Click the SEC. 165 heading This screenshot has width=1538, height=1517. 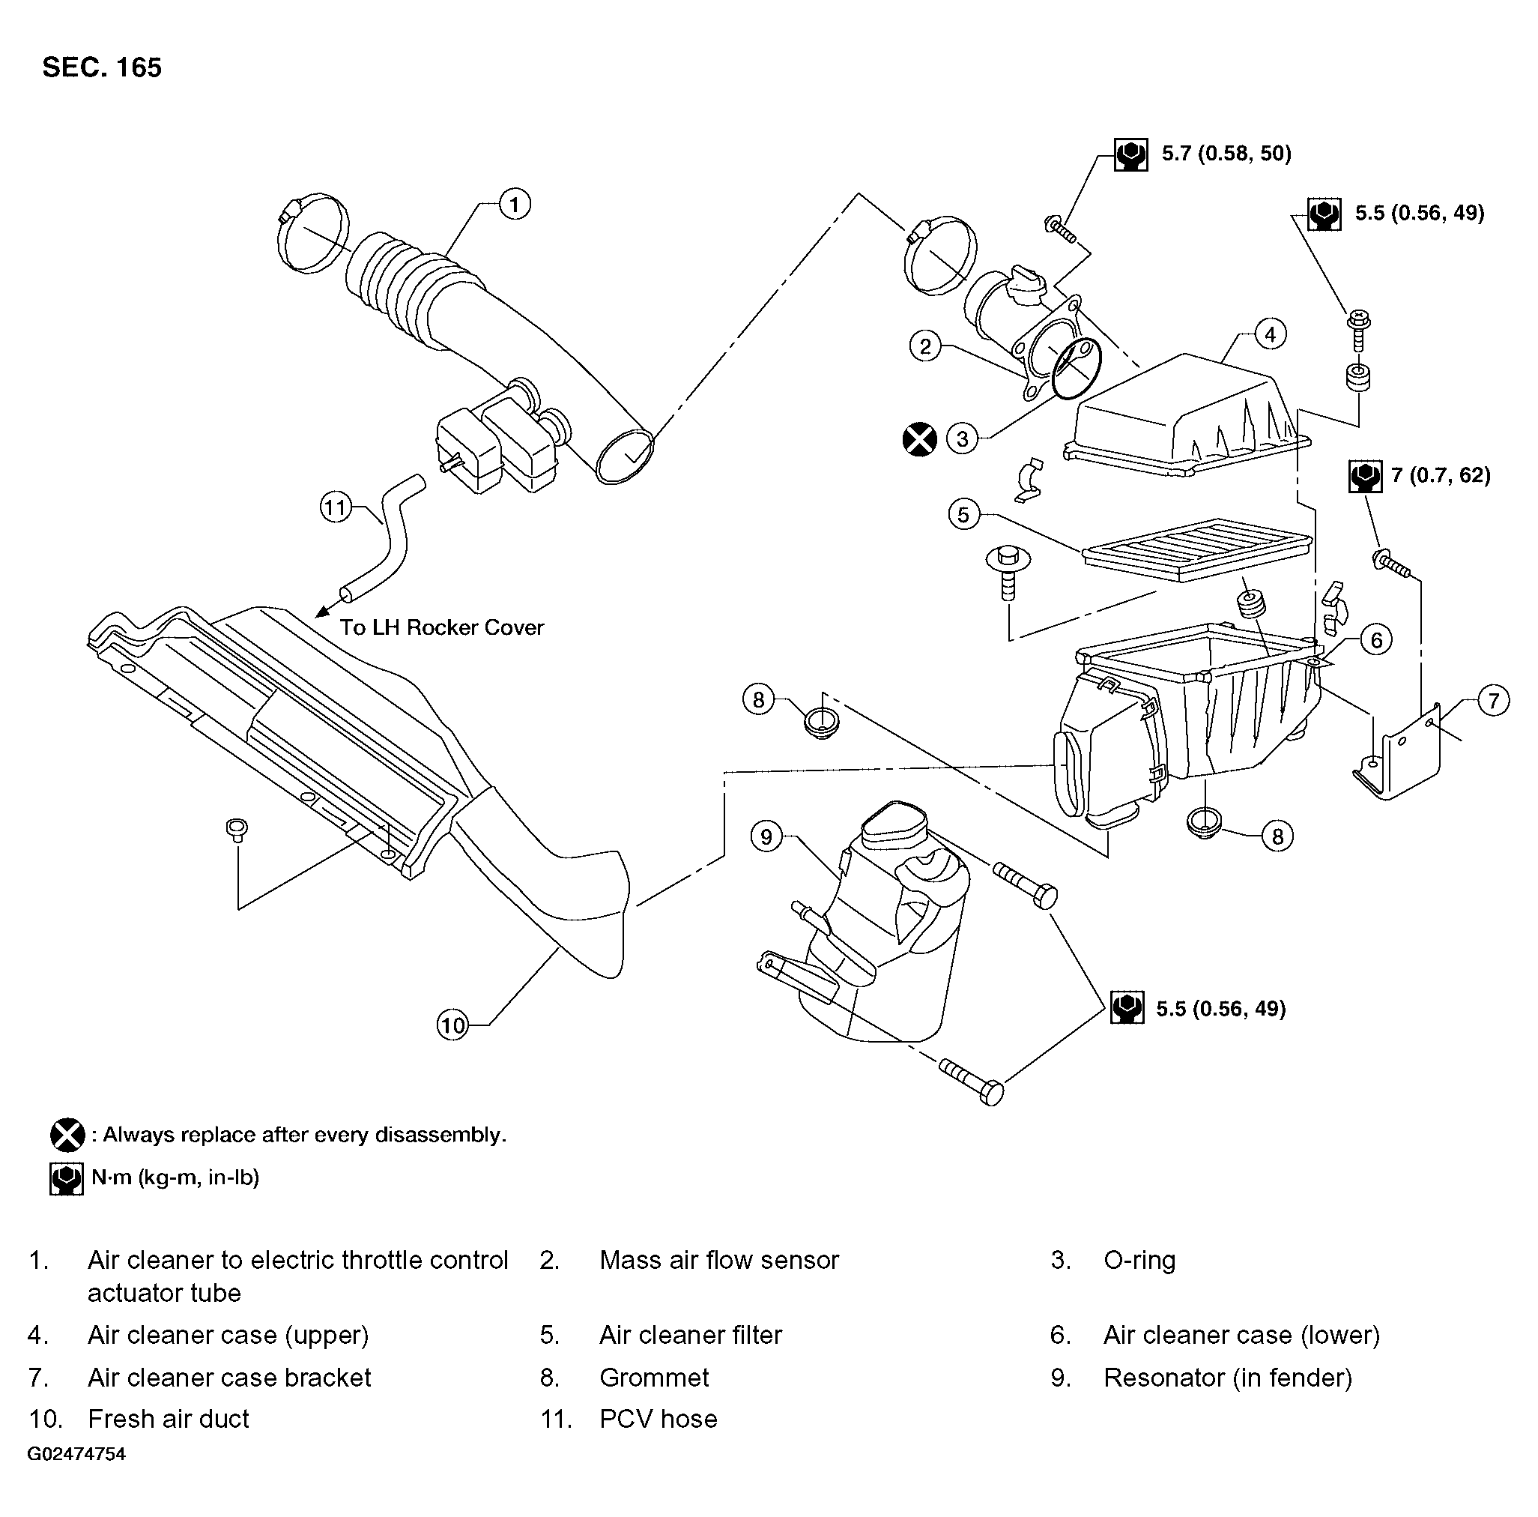click(x=102, y=67)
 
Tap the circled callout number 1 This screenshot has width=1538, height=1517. click(x=514, y=205)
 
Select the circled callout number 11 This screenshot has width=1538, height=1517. click(x=336, y=507)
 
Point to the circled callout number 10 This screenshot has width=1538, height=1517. click(x=452, y=1024)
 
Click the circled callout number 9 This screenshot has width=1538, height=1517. click(x=766, y=836)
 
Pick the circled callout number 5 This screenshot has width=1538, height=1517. click(x=963, y=514)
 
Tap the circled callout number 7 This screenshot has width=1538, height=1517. click(x=1493, y=701)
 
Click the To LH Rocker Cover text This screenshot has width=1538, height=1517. click(x=442, y=627)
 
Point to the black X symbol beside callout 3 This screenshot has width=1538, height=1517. click(x=919, y=438)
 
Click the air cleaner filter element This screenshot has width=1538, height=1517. click(x=1196, y=549)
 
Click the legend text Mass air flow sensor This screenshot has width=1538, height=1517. click(x=719, y=1260)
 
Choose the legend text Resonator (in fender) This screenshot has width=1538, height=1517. click(x=1228, y=1378)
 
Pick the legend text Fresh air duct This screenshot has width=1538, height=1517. click(x=168, y=1418)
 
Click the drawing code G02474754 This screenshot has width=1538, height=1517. click(x=76, y=1454)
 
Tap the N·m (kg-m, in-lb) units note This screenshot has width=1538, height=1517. click(x=175, y=1177)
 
